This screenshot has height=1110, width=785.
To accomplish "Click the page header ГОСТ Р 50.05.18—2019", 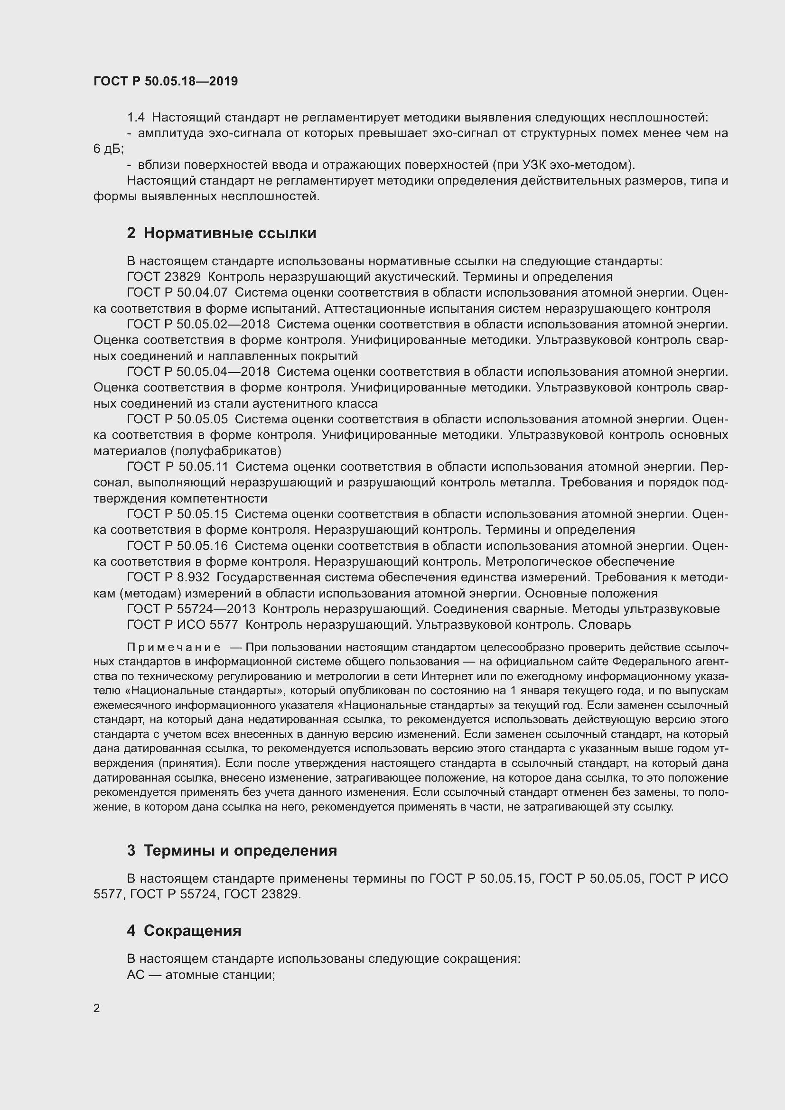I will coord(165,81).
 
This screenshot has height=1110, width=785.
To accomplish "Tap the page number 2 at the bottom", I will coord(97,1008).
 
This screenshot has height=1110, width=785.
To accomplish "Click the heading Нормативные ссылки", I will coord(230,233).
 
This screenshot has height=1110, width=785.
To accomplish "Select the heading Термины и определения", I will coord(240,850).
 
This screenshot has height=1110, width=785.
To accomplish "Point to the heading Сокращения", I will coord(192,931).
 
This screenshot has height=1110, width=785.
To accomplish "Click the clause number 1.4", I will coord(136,118).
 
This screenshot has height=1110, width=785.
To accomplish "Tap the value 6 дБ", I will coord(108,149).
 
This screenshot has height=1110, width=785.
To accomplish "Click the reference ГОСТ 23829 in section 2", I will coord(163,277).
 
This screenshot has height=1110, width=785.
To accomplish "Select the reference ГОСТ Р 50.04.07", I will coord(177,293).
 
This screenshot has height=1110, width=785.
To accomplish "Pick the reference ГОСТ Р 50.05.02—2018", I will coord(198,325).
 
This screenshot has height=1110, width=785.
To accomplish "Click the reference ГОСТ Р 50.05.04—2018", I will coord(198,372).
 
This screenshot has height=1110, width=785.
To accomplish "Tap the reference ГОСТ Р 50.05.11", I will coord(177,466).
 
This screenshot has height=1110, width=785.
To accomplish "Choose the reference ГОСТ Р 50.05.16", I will coord(177,546).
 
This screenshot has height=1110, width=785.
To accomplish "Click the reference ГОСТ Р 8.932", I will coord(168,577).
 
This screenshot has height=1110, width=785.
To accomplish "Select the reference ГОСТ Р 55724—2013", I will coord(191,609).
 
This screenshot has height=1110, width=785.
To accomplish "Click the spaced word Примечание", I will coord(174,647).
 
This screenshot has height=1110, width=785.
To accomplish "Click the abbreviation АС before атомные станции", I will coord(136,975).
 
